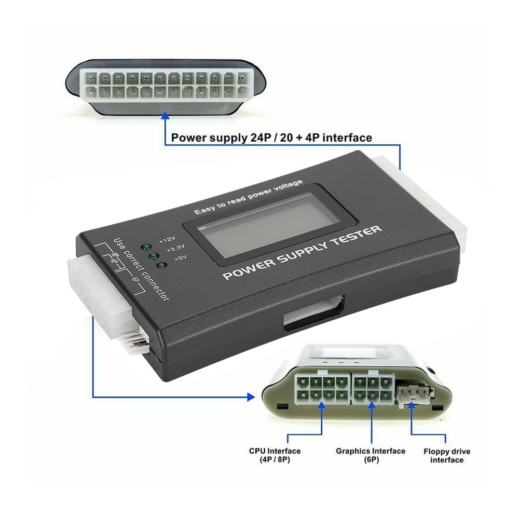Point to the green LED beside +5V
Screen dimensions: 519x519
(x=161, y=267)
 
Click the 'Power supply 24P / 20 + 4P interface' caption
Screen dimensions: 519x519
(x=271, y=138)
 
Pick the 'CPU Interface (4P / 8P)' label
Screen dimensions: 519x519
(x=275, y=455)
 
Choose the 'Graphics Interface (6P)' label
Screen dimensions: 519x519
(x=371, y=455)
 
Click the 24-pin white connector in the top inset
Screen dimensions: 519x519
(x=163, y=85)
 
